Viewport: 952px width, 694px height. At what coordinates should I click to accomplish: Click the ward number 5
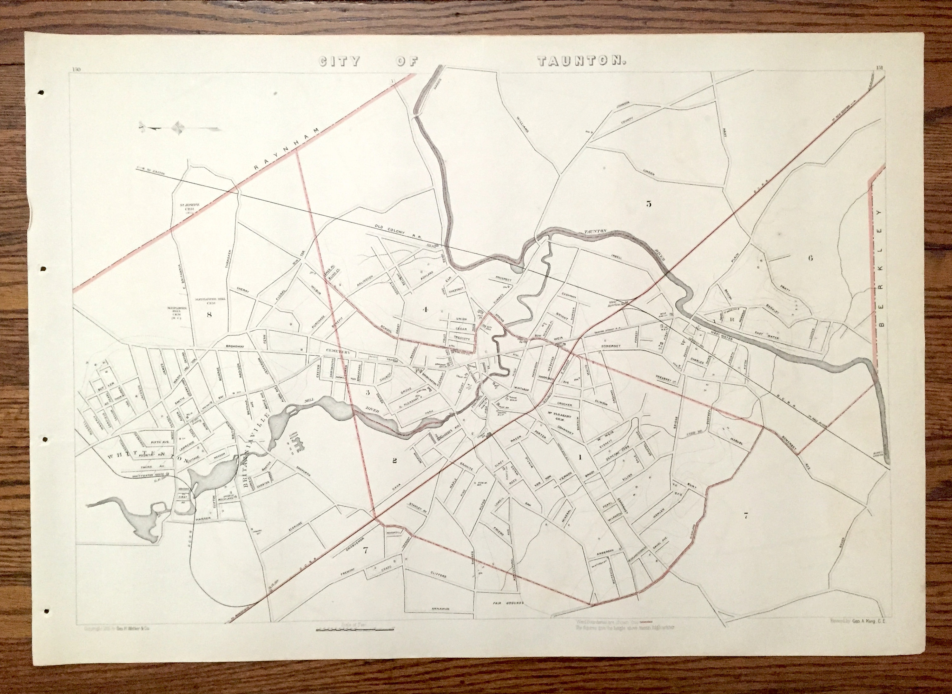649,204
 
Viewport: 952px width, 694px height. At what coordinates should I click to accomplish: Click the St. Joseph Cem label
186,209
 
